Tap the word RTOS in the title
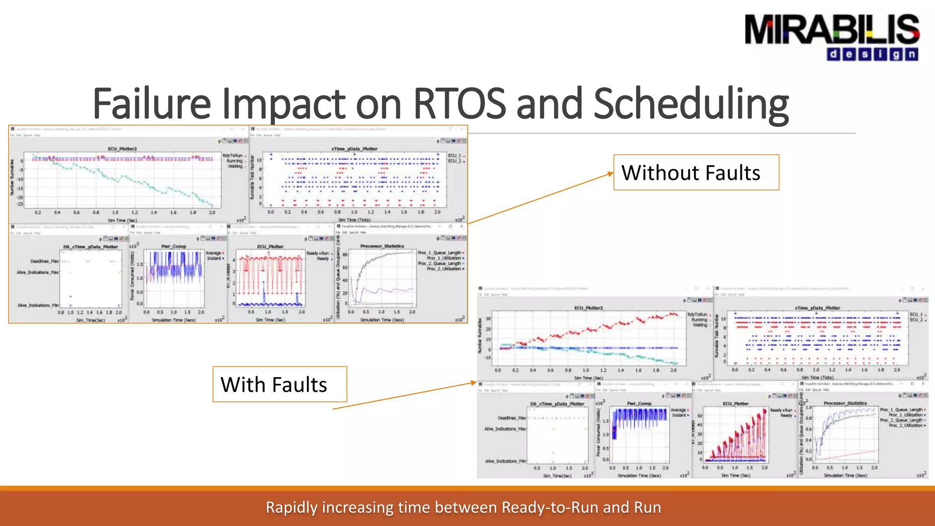click(459, 104)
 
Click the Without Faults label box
click(696, 173)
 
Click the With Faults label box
click(279, 384)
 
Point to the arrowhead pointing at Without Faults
click(610, 173)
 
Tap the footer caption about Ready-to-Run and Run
click(463, 507)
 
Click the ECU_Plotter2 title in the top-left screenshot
click(122, 149)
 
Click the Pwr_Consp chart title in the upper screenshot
click(173, 247)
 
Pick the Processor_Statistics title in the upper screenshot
click(382, 246)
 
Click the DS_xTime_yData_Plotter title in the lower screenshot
click(557, 404)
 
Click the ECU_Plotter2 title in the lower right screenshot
click(588, 308)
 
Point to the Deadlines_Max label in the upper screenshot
click(44, 261)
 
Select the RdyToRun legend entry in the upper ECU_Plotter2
click(233, 156)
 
